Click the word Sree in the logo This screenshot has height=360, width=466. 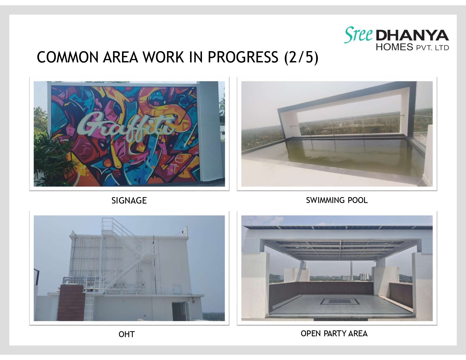point(358,35)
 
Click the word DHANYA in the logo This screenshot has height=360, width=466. point(412,36)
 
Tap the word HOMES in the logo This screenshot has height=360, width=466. point(394,47)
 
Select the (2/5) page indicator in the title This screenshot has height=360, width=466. point(301,57)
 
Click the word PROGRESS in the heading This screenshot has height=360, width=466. point(243,57)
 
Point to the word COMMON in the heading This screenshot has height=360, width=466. point(67,57)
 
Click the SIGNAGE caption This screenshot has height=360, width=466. point(129,200)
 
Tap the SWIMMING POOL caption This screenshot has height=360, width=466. point(337,200)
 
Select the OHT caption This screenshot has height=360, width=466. point(127,334)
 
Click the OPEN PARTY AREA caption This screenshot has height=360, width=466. point(334,333)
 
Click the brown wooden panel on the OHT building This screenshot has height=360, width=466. point(71,302)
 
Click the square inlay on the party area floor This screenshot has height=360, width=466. point(339,301)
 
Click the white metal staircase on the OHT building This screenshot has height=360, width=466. point(127,254)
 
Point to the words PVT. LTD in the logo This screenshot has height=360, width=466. point(432,47)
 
